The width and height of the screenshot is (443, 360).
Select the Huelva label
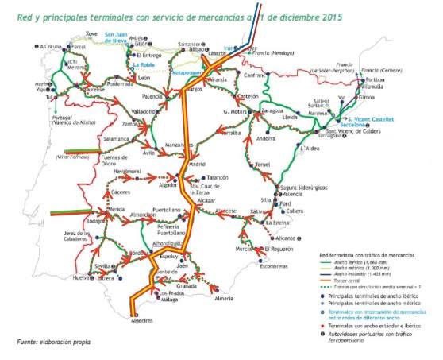click(x=82, y=278)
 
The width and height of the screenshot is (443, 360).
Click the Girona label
click(x=368, y=98)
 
